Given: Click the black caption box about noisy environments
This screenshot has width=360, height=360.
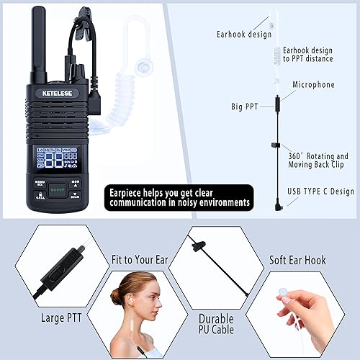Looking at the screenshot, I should pyautogui.click(x=180, y=198).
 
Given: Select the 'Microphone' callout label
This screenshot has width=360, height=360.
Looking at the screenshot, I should pyautogui.click(x=314, y=85).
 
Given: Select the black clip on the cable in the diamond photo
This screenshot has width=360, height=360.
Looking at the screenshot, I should pyautogui.click(x=194, y=246).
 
